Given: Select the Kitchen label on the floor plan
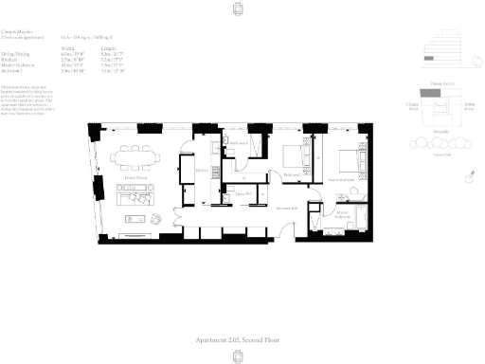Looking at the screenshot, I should click(202, 171).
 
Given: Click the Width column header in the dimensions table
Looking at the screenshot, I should click(93, 45).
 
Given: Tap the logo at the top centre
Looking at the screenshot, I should click(242, 10).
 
